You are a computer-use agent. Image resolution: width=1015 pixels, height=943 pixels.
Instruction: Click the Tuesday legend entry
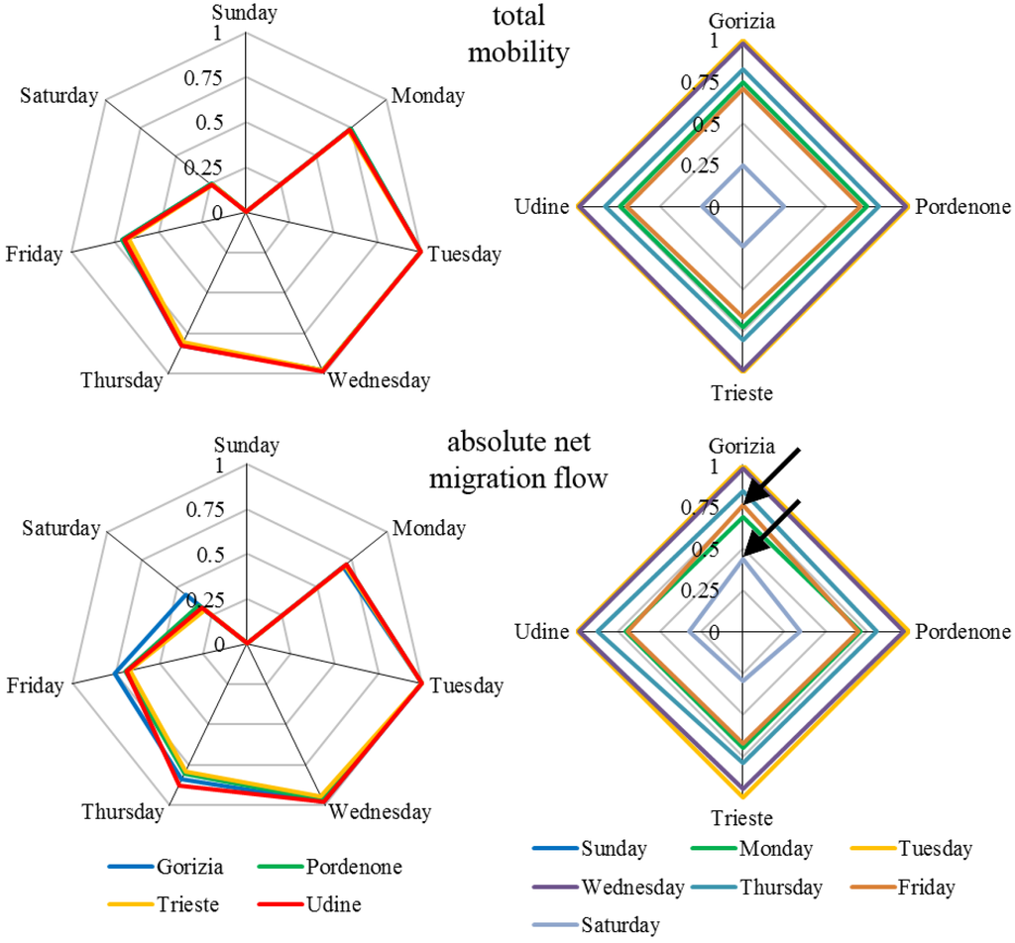pos(936,848)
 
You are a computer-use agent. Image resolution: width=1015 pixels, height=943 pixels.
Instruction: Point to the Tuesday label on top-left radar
pos(464,255)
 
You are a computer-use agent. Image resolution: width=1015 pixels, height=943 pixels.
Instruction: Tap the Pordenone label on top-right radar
pos(962,207)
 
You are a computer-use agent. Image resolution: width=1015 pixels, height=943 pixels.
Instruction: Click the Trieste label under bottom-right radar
pos(741,819)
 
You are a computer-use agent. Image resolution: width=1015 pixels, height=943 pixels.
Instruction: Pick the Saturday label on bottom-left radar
pos(59,529)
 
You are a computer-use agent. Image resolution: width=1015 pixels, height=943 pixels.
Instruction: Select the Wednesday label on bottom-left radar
pos(380,812)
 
